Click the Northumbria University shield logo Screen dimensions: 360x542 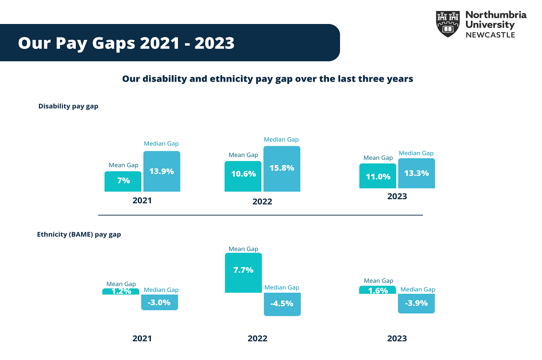tap(448, 24)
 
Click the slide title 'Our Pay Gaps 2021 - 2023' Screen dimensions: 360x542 tap(126, 43)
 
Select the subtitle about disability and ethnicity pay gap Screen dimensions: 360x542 tap(267, 79)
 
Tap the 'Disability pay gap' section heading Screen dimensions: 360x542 tap(68, 106)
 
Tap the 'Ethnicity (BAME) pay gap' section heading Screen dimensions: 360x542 tap(79, 235)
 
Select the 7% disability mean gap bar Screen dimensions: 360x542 tap(123, 181)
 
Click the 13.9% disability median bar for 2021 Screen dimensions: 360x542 tap(162, 171)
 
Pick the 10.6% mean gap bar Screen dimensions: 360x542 tap(243, 176)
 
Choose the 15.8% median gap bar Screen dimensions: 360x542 tap(282, 169)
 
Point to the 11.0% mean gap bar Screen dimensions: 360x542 tap(377, 176)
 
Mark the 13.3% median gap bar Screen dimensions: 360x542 tap(416, 173)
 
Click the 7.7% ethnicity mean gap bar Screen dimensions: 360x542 tap(243, 273)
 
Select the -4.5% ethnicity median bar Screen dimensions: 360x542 tap(282, 304)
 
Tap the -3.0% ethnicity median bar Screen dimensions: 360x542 tap(159, 302)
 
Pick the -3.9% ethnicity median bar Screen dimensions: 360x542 tap(416, 303)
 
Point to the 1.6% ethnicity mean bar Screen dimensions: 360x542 tap(377, 290)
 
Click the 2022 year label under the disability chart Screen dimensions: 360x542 tap(262, 202)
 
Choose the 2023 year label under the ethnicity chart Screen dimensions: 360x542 tap(397, 338)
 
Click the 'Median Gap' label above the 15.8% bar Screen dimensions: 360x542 tap(281, 140)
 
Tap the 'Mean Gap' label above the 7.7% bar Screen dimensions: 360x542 tap(243, 249)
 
